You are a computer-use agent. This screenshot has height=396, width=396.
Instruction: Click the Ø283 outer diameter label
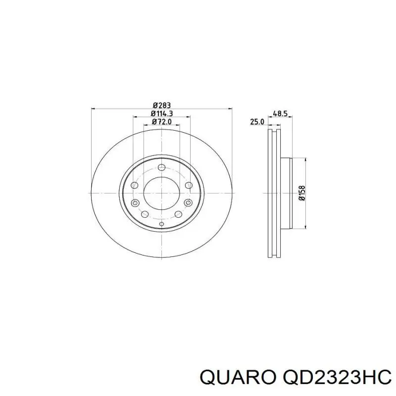[x=161, y=105]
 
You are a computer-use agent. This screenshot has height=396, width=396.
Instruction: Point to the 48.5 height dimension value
[x=280, y=113]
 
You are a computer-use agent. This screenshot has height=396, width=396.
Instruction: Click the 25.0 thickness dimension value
[x=256, y=122]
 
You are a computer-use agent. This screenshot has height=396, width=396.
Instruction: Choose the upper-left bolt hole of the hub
[x=135, y=185]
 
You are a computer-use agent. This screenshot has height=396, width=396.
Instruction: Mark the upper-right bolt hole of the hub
[x=188, y=185]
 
